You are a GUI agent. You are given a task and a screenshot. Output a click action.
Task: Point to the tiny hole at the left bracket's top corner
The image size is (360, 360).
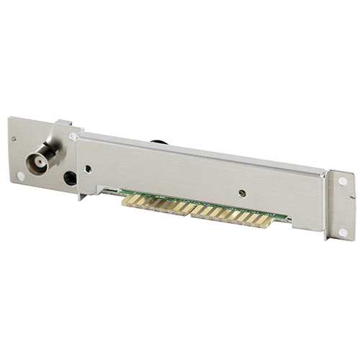pyautogui.click(x=13, y=139)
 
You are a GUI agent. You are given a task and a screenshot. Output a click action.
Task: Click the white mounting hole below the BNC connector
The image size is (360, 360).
pyautogui.click(x=20, y=175)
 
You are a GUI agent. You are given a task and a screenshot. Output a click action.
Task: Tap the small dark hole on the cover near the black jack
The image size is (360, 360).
pyautogui.click(x=88, y=170)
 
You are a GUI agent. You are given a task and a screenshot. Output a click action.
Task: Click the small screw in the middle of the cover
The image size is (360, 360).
pyautogui.click(x=242, y=192)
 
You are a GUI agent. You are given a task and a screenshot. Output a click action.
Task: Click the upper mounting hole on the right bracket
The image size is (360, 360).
pyautogui.click(x=342, y=181)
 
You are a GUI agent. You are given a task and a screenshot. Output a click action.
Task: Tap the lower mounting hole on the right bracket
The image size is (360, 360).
pyautogui.click(x=343, y=232)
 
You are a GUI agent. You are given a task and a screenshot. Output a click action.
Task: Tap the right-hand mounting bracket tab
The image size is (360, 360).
pyautogui.click(x=339, y=205)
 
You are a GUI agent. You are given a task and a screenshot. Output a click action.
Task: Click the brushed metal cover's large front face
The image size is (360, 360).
pyautogui.click(x=194, y=173)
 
